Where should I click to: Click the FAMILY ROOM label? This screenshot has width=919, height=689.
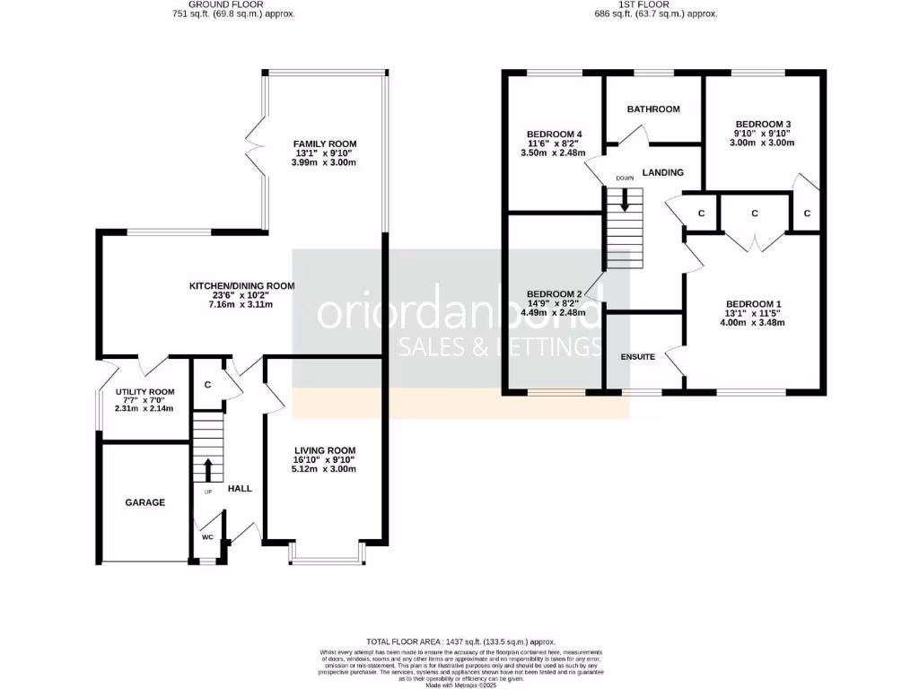324,144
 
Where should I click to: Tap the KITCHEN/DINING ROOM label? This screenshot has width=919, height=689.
241,286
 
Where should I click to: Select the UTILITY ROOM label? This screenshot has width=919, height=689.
144,392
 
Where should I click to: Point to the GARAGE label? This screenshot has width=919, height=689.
144,502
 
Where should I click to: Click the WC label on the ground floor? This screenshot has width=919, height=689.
207,537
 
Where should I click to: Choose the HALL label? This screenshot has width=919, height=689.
240,489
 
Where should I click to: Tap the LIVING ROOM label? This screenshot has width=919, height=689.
324,450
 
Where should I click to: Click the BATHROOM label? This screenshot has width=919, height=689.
653,109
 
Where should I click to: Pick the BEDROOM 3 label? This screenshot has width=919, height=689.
762,124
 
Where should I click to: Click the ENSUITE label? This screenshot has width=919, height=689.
638,357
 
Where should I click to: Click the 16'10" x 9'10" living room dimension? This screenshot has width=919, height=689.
324,461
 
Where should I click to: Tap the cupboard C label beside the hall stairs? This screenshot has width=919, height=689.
207,385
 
